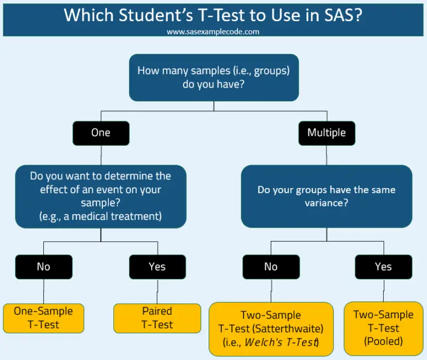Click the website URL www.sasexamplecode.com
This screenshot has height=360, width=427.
tap(213, 32)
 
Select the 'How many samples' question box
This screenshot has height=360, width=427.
tap(213, 77)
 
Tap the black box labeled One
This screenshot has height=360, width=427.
tap(101, 133)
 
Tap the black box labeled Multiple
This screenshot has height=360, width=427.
tap(326, 133)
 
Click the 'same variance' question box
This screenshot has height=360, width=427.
tap(326, 196)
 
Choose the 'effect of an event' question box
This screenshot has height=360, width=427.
tap(101, 196)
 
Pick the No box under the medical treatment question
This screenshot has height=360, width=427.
tap(43, 267)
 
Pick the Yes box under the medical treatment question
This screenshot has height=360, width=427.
tap(157, 267)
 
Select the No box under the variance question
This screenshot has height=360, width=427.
tap(271, 267)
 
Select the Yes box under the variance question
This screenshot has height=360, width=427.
tap(383, 267)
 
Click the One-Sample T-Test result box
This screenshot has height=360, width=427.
tap(43, 318)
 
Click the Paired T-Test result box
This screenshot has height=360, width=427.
tap(157, 318)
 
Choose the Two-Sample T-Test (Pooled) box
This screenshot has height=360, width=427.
tap(383, 328)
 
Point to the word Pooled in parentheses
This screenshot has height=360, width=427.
tap(383, 342)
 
